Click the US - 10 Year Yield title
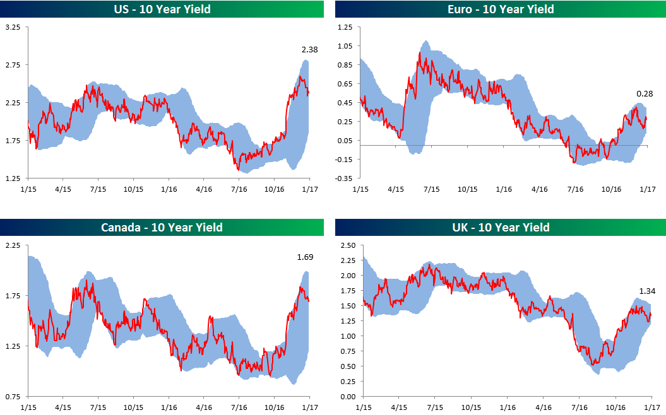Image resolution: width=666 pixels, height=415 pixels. point(162,9)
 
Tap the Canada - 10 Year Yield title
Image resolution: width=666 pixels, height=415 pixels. point(162,227)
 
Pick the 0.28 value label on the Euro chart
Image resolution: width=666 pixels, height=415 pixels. point(645,93)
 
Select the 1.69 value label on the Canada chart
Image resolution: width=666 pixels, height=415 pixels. point(306,257)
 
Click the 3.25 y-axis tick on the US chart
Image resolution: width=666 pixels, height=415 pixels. point(13,28)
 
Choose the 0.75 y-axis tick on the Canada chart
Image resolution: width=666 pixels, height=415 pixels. point(13,397)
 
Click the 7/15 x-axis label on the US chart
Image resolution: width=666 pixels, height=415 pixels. point(98,189)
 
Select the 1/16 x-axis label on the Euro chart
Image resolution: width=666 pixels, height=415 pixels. point(503,189)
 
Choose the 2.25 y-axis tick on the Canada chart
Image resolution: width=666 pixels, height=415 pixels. point(13,245)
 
